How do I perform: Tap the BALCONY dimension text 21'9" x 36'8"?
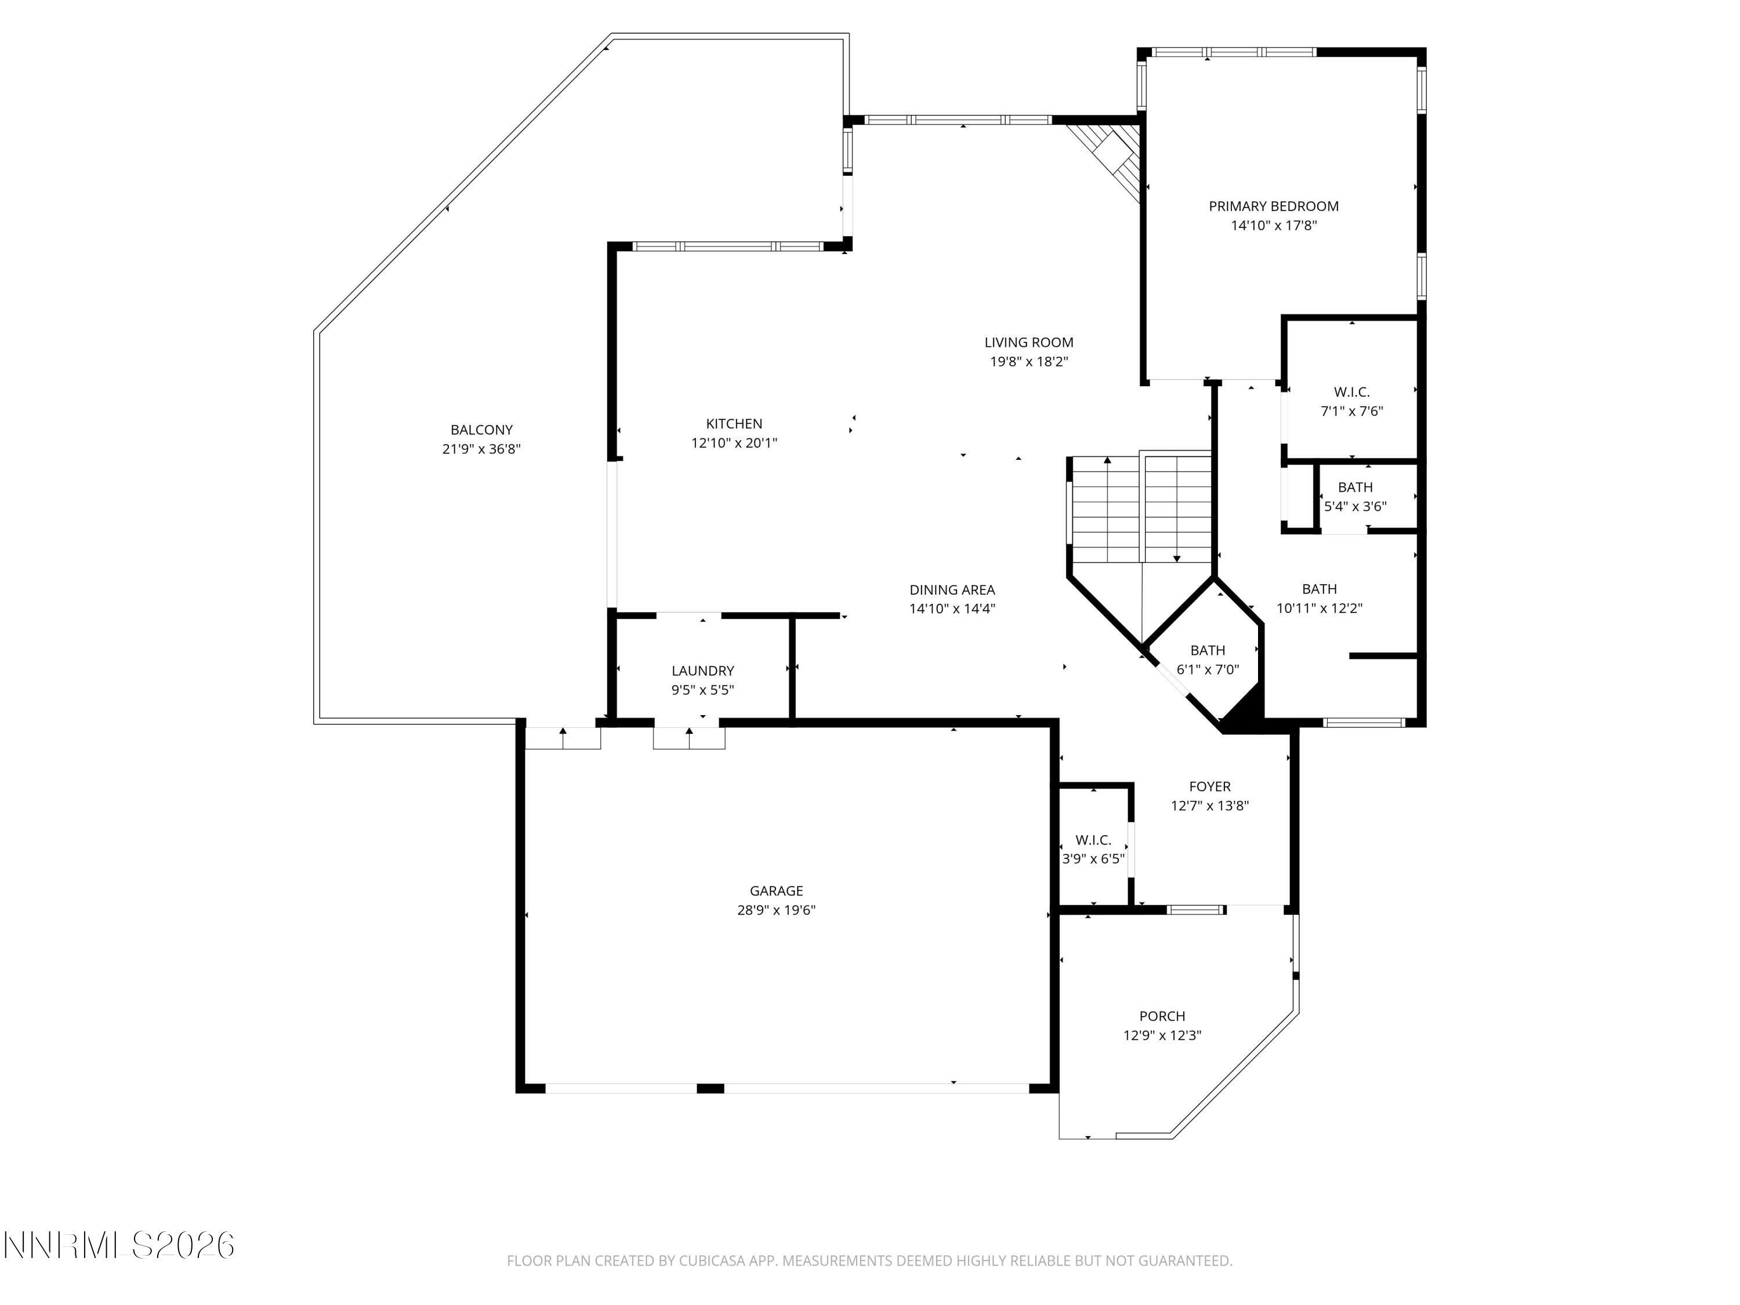(481, 449)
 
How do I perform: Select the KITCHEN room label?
(733, 423)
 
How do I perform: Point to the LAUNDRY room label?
(702, 670)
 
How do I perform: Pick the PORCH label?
(1161, 1016)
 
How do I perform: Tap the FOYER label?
(1209, 786)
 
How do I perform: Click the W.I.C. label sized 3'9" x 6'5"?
(1093, 839)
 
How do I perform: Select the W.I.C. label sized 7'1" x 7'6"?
(1351, 391)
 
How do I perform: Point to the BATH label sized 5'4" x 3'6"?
(1354, 487)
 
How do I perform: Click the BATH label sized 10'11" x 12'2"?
(1318, 588)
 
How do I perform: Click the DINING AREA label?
(952, 589)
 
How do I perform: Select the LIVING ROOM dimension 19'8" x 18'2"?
(1028, 362)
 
